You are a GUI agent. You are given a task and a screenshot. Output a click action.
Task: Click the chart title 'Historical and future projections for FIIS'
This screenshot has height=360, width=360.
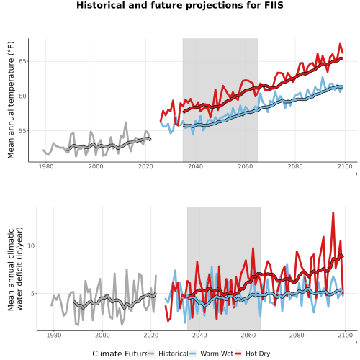tap(180, 5)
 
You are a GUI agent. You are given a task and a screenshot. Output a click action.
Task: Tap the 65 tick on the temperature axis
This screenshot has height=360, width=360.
tap(22, 61)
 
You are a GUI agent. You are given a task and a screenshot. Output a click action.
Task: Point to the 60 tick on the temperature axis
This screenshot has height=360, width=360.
tap(22, 96)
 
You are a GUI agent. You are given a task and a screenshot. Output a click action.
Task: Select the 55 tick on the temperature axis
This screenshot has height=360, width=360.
tap(22, 131)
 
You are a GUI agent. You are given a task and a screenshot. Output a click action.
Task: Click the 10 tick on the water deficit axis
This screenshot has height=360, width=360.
tap(31, 246)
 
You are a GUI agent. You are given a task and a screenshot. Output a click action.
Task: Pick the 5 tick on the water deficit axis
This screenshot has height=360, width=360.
tap(33, 294)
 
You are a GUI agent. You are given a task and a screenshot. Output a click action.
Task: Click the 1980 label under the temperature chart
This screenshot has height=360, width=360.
tap(46, 166)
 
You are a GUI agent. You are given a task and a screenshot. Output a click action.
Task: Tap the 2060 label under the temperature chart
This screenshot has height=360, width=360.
tap(246, 166)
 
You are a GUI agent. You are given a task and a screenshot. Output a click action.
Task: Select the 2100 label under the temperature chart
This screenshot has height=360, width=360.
tap(345, 166)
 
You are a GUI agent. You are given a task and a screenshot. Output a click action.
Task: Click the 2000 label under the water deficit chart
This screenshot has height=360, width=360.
tap(102, 335)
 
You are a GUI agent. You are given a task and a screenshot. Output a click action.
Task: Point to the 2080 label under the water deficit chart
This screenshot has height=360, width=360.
tap(297, 335)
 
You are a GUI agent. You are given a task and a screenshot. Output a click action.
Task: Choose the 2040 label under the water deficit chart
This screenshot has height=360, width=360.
tap(199, 335)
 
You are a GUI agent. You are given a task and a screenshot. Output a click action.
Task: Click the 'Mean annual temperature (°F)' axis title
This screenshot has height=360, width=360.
tap(11, 100)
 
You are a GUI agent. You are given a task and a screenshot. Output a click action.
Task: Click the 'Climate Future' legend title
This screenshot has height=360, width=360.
tap(120, 354)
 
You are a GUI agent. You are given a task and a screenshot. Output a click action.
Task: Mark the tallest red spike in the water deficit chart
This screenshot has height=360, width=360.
tap(333, 212)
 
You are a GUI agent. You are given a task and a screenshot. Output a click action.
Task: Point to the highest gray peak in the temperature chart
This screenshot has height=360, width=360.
tap(125, 122)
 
